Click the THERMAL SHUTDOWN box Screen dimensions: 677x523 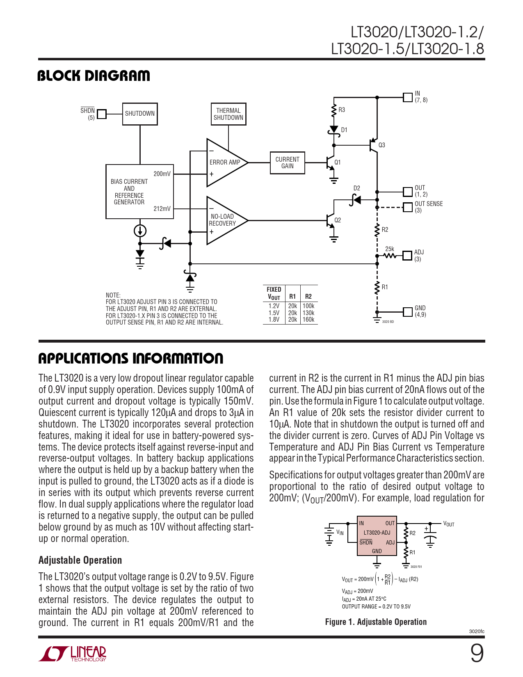[228, 114]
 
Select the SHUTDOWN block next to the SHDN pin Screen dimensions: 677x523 [140, 114]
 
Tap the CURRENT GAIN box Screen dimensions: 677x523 [287, 162]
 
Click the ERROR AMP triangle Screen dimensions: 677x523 [224, 162]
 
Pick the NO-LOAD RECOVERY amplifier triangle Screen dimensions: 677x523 [223, 220]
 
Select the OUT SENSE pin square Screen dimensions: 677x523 [407, 207]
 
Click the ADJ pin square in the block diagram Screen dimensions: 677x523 [407, 256]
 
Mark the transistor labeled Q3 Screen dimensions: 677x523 [373, 145]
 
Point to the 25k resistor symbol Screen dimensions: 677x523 [389, 256]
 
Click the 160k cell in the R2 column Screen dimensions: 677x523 [308, 320]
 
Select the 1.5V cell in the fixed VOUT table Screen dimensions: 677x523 [274, 313]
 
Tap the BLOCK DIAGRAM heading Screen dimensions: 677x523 [94, 76]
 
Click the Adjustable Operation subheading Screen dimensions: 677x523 [80, 560]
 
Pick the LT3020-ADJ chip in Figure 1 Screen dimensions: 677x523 [377, 536]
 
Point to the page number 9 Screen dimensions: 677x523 [477, 653]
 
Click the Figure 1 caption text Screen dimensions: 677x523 [376, 622]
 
